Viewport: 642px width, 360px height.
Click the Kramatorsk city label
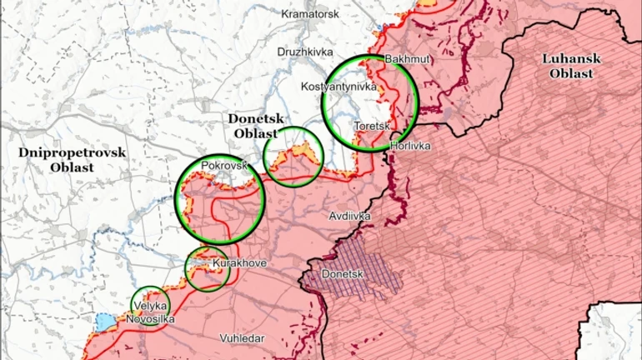(x=310, y=14)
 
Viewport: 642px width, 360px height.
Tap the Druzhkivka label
(x=305, y=52)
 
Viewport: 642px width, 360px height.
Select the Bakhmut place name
(x=407, y=60)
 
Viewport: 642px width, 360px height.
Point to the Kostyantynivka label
(x=339, y=87)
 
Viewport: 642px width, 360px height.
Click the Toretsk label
(x=372, y=127)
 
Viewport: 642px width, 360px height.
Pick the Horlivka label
(x=410, y=146)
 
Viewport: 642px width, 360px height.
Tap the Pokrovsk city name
(x=225, y=165)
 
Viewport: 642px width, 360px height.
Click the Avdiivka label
(x=349, y=216)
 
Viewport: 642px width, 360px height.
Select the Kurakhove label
(x=239, y=263)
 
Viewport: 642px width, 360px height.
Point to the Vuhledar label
(x=242, y=338)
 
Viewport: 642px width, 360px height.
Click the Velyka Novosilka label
(x=150, y=312)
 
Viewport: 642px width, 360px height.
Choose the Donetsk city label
(x=343, y=273)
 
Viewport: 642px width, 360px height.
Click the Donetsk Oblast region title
(x=255, y=127)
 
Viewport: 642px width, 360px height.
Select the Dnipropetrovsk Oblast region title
(x=72, y=159)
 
